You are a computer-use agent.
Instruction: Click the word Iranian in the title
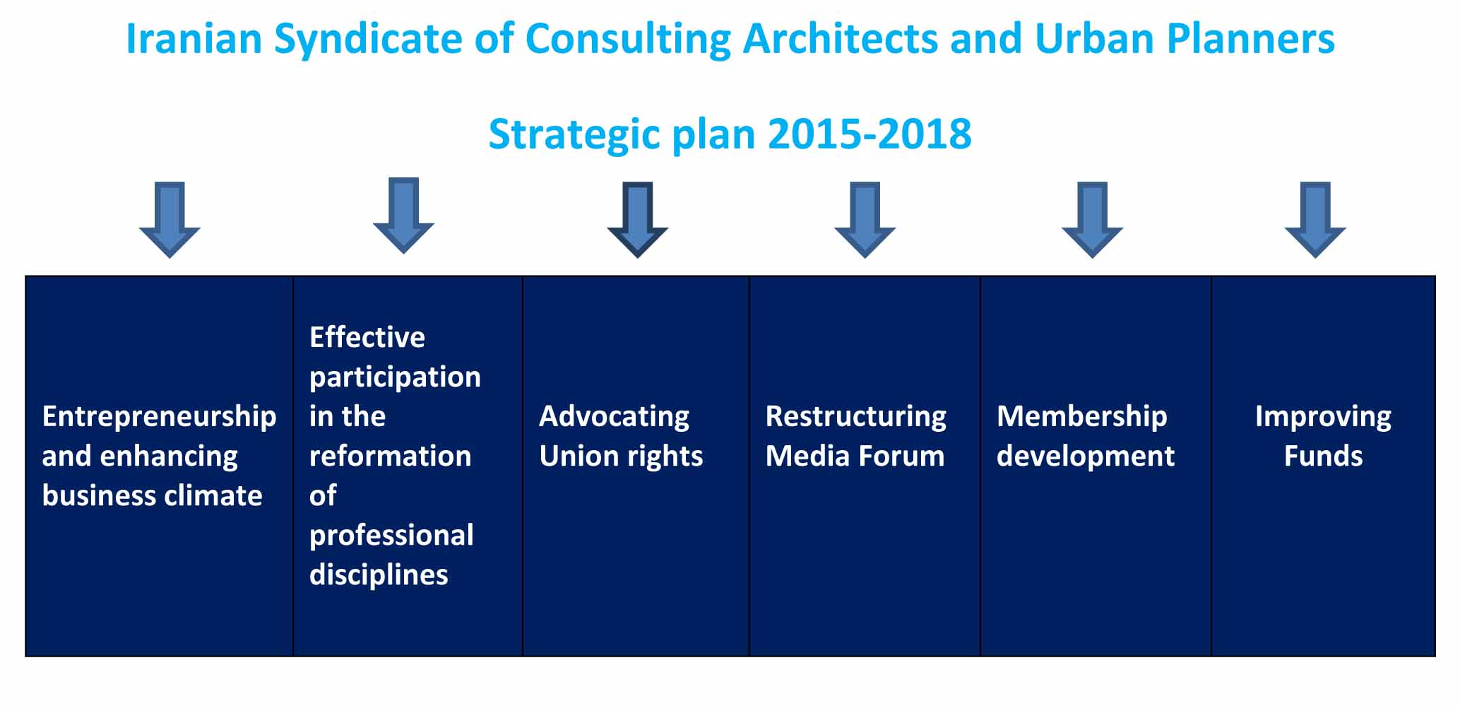pos(194,38)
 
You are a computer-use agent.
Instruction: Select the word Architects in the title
pos(841,38)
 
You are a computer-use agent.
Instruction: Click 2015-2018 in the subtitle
pos(870,134)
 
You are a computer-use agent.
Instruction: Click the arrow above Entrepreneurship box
pos(170,220)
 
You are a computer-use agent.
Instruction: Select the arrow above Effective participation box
pos(403,216)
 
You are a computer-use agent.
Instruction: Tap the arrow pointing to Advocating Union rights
pos(638,220)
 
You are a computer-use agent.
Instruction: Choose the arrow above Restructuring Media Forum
pos(865,220)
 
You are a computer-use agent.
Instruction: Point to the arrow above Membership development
pos(1092,220)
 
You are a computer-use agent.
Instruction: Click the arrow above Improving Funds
pos(1315,220)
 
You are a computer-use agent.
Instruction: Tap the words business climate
pos(152,495)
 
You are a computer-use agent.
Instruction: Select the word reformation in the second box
pos(390,456)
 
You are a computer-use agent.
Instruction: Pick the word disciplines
pos(379,575)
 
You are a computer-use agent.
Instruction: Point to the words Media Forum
pos(855,456)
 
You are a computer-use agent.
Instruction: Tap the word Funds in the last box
pos(1323,456)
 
